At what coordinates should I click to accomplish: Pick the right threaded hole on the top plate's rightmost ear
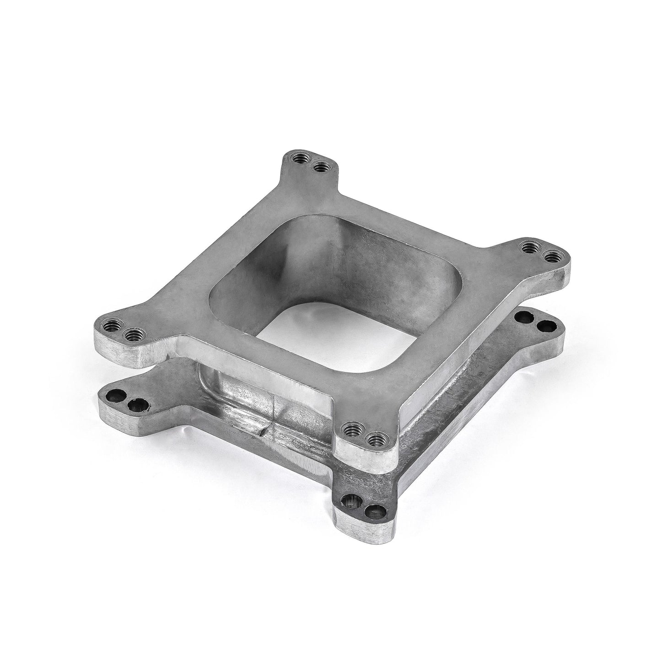[x=550, y=256]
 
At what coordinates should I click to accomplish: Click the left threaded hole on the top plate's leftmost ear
[x=111, y=327]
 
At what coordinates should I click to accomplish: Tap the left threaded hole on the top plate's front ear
[x=352, y=430]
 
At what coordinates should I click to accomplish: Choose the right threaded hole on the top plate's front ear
[x=375, y=440]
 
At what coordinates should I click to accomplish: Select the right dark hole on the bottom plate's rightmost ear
[x=543, y=326]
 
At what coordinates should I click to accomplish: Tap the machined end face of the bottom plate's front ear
[x=366, y=531]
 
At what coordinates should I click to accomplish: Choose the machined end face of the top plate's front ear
[x=366, y=457]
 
